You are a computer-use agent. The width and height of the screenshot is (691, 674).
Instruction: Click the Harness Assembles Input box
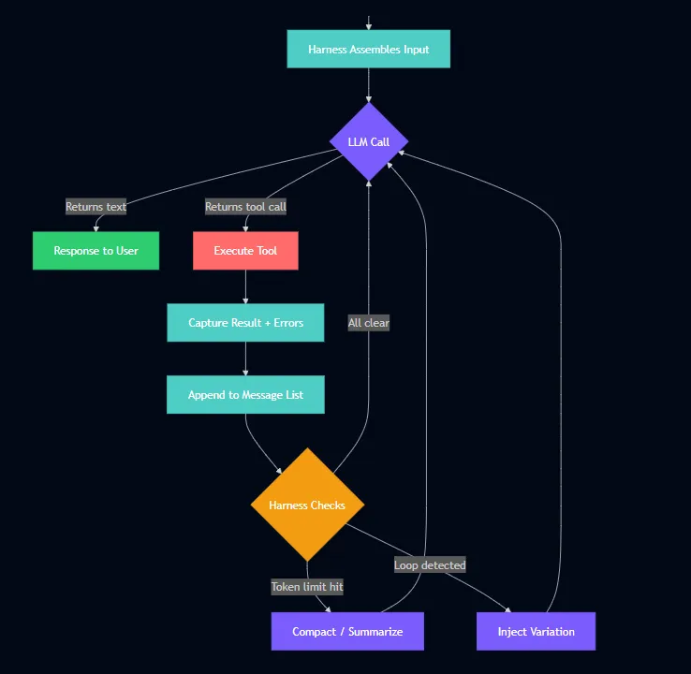coord(368,50)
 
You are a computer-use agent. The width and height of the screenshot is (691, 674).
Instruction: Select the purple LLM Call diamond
coord(369,141)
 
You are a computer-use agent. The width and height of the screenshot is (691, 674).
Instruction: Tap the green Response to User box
coord(96,251)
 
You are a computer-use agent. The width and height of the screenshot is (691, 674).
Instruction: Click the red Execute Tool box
coord(245,251)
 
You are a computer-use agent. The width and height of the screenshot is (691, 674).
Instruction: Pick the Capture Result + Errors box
coord(245,323)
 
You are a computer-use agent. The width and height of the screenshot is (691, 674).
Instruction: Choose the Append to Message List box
coord(245,395)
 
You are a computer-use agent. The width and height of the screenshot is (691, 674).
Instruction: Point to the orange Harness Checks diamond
coord(307,505)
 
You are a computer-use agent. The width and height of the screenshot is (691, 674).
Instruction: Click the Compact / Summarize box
coord(347,632)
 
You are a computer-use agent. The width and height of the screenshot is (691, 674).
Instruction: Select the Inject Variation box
coord(536,632)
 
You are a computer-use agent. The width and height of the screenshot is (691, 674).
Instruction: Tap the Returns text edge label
coord(96,207)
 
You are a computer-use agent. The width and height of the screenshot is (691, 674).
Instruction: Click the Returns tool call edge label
coord(245,207)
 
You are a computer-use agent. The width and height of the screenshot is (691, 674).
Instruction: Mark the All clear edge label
coord(368,323)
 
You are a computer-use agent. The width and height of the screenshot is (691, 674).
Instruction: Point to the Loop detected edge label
coord(430,565)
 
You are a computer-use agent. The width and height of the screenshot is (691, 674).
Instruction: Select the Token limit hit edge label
coord(307,587)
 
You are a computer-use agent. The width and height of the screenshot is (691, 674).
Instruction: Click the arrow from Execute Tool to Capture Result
coord(245,286)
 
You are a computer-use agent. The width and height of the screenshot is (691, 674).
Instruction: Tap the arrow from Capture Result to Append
coord(245,359)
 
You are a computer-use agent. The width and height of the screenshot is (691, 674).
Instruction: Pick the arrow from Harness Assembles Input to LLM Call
coord(369,85)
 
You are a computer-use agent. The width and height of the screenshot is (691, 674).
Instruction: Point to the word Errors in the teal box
coord(288,323)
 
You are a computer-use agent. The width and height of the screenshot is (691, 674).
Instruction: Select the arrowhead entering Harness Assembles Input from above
coord(369,26)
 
